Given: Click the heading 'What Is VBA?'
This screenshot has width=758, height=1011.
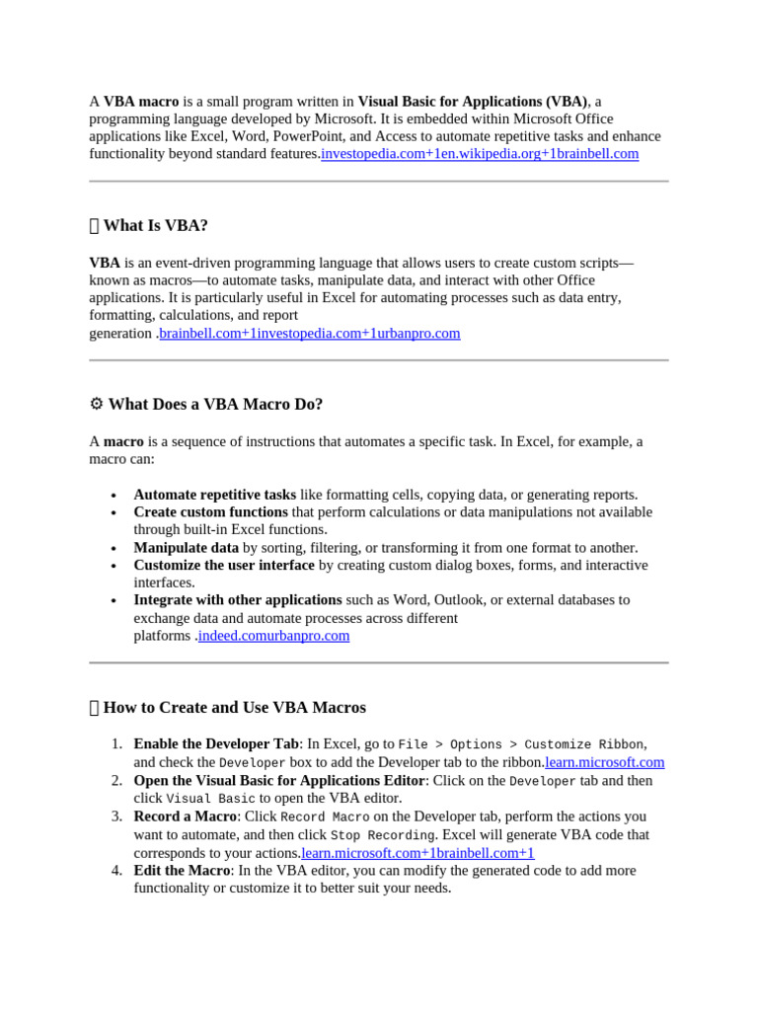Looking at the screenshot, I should pyautogui.click(x=155, y=225).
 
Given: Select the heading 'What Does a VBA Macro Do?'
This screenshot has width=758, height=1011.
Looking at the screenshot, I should pyautogui.click(x=215, y=404).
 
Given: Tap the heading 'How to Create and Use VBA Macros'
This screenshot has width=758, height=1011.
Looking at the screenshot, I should pyautogui.click(x=234, y=707).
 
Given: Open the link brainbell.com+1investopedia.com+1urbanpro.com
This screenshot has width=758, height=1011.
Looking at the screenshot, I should pyautogui.click(x=310, y=333).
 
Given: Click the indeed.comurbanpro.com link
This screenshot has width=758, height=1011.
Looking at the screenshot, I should pyautogui.click(x=273, y=635).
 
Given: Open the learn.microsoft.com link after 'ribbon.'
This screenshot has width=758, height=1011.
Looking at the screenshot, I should pyautogui.click(x=605, y=762).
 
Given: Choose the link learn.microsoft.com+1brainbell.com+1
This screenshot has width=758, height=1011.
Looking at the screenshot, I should pyautogui.click(x=417, y=852).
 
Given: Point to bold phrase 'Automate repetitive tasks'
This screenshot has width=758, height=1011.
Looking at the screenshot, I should pyautogui.click(x=214, y=494).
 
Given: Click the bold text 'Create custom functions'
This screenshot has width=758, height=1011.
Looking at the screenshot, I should pyautogui.click(x=210, y=511).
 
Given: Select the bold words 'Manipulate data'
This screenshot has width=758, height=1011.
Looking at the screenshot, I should pyautogui.click(x=186, y=547).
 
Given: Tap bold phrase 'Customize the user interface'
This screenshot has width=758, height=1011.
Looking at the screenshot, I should pyautogui.click(x=224, y=565).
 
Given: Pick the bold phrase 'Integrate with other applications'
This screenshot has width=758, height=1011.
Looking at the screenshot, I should pyautogui.click(x=238, y=599).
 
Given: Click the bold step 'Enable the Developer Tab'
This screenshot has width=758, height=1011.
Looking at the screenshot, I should pyautogui.click(x=215, y=743).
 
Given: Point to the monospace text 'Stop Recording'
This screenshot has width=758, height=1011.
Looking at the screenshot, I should pyautogui.click(x=382, y=835).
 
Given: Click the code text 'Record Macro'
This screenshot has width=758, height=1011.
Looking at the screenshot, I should pyautogui.click(x=325, y=817).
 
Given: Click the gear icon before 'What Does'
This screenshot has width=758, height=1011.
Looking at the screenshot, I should pyautogui.click(x=96, y=404).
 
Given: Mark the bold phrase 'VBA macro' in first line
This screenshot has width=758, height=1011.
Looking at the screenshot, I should pyautogui.click(x=141, y=101).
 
